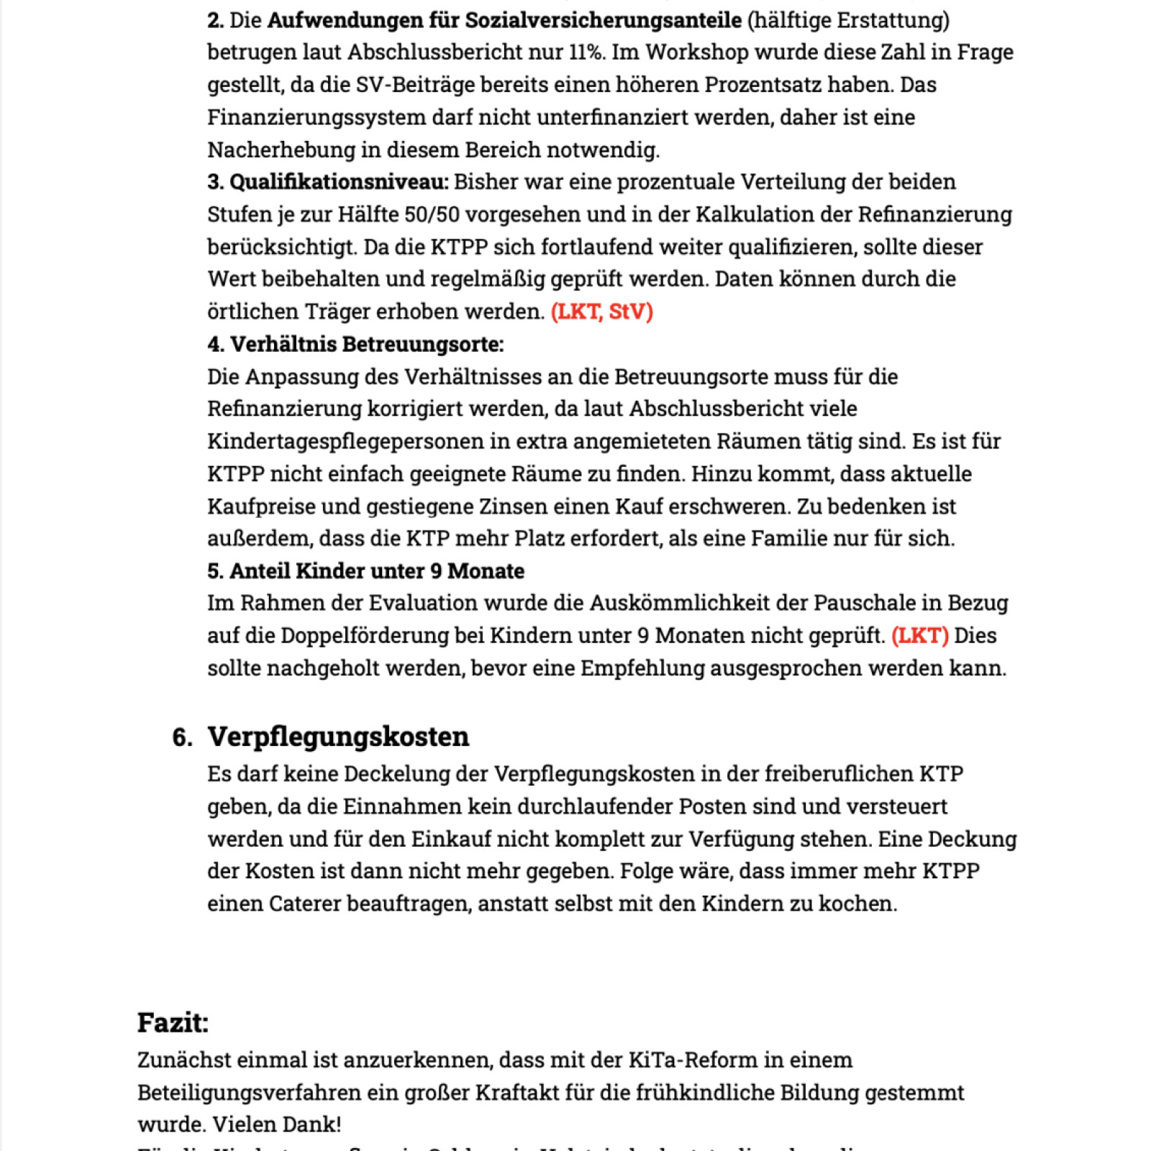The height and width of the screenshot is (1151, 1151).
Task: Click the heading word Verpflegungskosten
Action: tap(338, 737)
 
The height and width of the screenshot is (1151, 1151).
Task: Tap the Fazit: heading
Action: tap(173, 1022)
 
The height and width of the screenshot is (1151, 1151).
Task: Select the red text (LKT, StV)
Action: tap(602, 311)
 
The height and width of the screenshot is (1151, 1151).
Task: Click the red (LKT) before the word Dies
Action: tap(919, 635)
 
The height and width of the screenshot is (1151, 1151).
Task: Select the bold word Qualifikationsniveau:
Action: tap(339, 181)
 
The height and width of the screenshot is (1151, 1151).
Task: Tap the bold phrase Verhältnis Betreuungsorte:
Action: tap(367, 344)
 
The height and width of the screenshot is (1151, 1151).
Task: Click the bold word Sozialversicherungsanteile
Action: tap(603, 19)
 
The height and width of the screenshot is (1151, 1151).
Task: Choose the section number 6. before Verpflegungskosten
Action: tap(182, 737)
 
